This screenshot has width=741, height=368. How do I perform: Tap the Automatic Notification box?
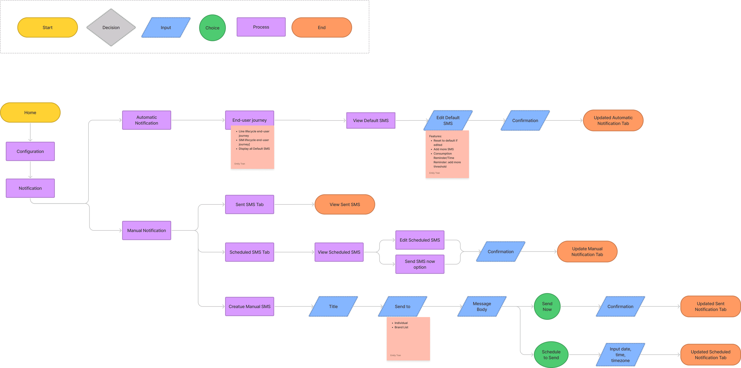[146, 120]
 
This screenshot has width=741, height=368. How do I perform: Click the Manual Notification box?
[146, 230]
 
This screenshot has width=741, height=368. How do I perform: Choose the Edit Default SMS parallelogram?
[448, 120]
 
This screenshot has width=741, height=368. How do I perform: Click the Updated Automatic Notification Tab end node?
[613, 120]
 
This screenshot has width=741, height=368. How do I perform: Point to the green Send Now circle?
[547, 306]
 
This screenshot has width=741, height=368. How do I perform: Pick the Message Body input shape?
[482, 306]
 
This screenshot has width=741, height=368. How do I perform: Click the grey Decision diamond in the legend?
[111, 27]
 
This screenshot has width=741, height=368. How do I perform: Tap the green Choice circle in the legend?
[212, 28]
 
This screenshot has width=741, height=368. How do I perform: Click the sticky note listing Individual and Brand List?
[408, 339]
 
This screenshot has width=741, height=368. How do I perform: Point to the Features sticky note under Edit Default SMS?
[447, 154]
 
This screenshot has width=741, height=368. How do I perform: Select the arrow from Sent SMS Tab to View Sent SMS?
[294, 204]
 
